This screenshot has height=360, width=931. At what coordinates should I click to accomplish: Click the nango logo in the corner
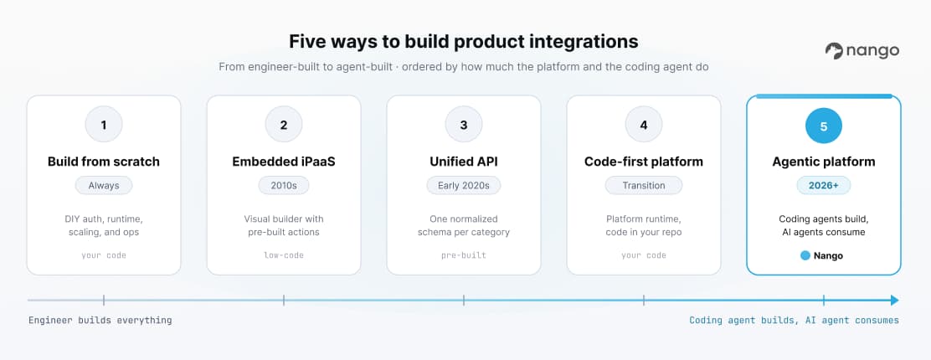[862, 51]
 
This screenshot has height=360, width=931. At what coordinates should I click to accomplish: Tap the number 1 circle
[104, 126]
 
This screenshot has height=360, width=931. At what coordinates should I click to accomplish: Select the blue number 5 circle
[824, 126]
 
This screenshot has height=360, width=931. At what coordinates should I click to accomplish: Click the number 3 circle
[464, 126]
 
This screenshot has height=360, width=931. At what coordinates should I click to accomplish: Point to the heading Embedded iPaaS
[284, 162]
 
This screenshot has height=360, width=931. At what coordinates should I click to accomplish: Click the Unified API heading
[464, 162]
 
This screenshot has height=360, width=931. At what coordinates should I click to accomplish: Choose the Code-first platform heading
[644, 162]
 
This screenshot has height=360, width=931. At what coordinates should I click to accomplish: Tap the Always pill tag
[104, 185]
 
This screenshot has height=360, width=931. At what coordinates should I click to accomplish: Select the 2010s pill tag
[284, 185]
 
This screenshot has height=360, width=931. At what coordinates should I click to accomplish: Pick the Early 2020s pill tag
[464, 185]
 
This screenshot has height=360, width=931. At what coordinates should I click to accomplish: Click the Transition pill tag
[644, 185]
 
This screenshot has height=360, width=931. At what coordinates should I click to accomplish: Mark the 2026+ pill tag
[824, 185]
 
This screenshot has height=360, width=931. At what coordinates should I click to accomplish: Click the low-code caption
[284, 255]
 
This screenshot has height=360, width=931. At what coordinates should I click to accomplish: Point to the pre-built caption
[464, 255]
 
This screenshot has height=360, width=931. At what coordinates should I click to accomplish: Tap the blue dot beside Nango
[805, 255]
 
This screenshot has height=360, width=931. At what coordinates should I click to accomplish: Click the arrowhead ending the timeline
[894, 300]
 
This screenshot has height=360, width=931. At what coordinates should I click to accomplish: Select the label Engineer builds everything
[100, 320]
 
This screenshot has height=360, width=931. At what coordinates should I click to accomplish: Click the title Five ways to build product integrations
[464, 42]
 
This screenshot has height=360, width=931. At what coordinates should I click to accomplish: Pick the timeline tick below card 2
[284, 300]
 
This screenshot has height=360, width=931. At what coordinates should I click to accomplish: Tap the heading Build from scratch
[104, 162]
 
